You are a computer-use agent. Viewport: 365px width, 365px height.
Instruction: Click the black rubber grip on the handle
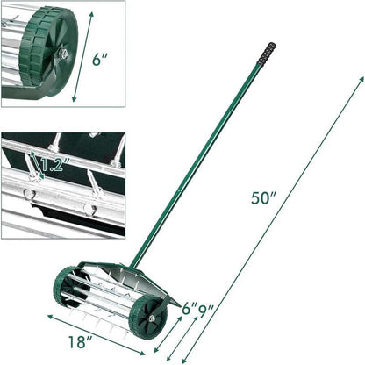tap(266, 54)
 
